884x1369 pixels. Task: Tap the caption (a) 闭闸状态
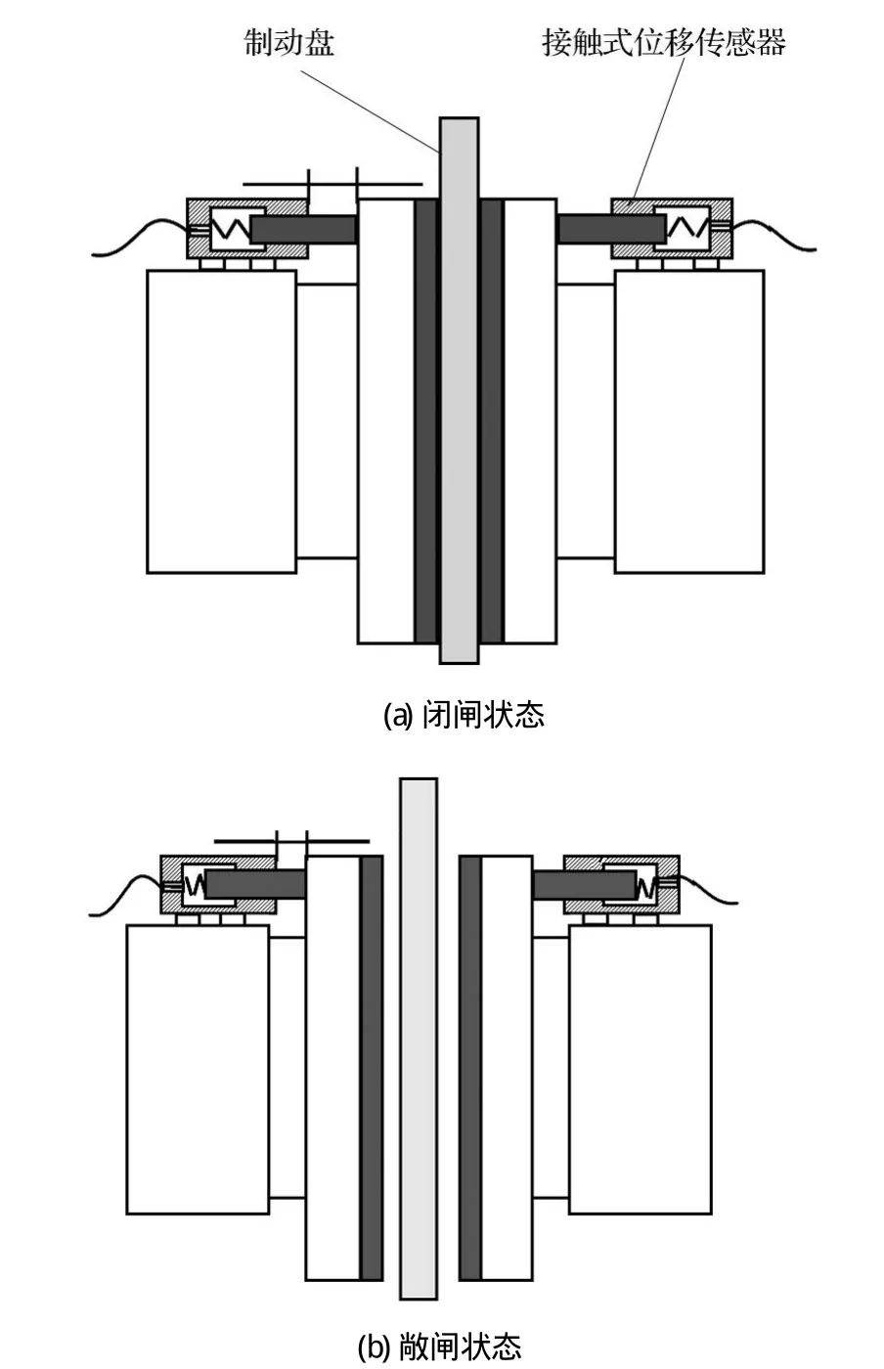point(463,715)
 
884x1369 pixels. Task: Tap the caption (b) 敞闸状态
point(439,1347)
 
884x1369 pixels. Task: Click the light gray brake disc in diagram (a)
point(459,391)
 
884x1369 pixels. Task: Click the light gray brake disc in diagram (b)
point(419,1037)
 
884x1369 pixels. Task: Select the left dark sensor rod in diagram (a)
point(303,229)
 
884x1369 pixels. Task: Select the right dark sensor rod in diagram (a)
point(611,229)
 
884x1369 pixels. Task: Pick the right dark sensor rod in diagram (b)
point(584,885)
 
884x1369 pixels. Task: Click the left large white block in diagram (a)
point(221,420)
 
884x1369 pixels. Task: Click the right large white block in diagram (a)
point(688,420)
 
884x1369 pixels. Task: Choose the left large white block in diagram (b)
point(198,1069)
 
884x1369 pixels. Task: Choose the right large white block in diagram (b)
point(640,1069)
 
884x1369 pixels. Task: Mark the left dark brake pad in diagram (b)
point(372,1066)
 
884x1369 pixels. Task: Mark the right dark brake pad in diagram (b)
point(470,1066)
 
